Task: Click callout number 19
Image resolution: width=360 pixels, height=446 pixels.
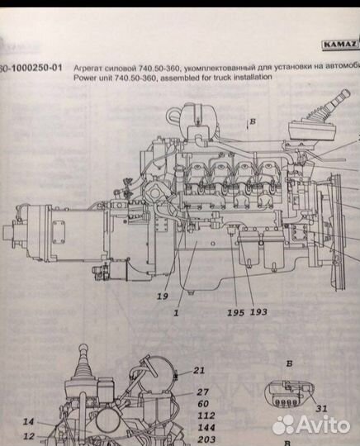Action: point(163,295)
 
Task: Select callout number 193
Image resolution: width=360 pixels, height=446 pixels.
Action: point(258,313)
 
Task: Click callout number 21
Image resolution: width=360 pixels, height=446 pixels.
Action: point(198,369)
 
